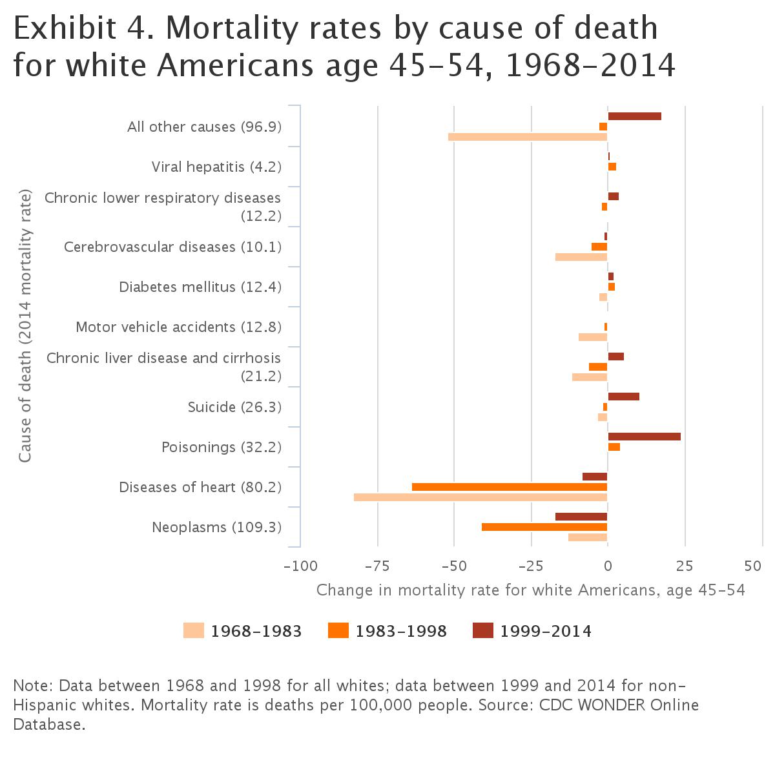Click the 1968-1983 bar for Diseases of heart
(x=480, y=497)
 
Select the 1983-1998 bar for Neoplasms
(x=544, y=527)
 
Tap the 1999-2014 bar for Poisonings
(x=644, y=437)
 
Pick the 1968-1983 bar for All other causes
(x=528, y=137)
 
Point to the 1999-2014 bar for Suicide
(x=623, y=397)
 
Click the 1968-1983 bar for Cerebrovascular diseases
(x=581, y=257)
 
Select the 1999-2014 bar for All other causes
(x=634, y=116)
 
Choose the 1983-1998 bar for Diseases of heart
(x=510, y=487)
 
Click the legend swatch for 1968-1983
(x=193, y=630)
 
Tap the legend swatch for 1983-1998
(x=338, y=630)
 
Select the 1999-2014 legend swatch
(x=482, y=630)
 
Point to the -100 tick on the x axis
(x=300, y=567)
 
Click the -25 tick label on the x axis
(x=531, y=567)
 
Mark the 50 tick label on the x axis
(x=753, y=567)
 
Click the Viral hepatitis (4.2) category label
(x=216, y=167)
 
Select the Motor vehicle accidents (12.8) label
(x=178, y=327)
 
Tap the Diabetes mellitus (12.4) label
(x=200, y=287)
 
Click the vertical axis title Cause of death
(x=25, y=325)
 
